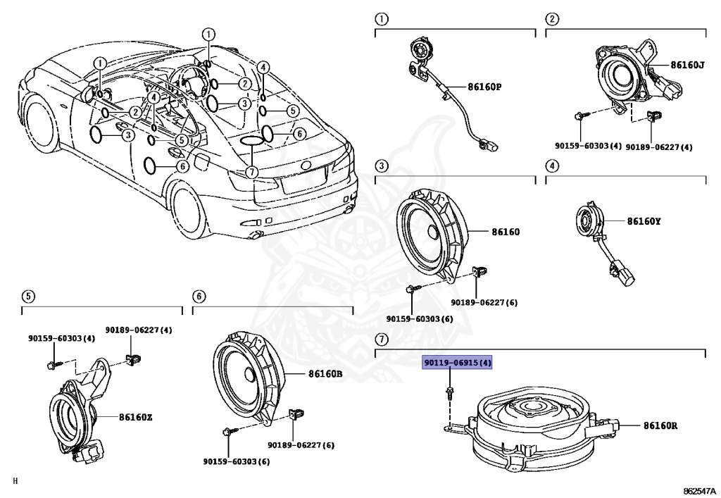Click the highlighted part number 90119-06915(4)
pyautogui.click(x=458, y=363)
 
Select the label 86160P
pyautogui.click(x=484, y=87)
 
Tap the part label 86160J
pyautogui.click(x=687, y=65)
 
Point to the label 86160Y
pyautogui.click(x=644, y=221)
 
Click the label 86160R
pyautogui.click(x=660, y=426)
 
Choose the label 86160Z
pyautogui.click(x=136, y=418)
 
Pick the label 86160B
pyautogui.click(x=325, y=374)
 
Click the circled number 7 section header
pyautogui.click(x=382, y=340)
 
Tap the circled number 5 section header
pyautogui.click(x=28, y=296)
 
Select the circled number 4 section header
pyautogui.click(x=552, y=166)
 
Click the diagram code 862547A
pyautogui.click(x=699, y=491)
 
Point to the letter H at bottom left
pyautogui.click(x=15, y=481)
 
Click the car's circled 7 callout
pyautogui.click(x=251, y=172)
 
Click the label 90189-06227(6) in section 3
pyautogui.click(x=484, y=303)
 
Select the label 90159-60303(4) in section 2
pyautogui.click(x=588, y=146)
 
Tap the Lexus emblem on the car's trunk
pyautogui.click(x=306, y=166)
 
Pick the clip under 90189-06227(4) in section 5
pyautogui.click(x=133, y=359)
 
